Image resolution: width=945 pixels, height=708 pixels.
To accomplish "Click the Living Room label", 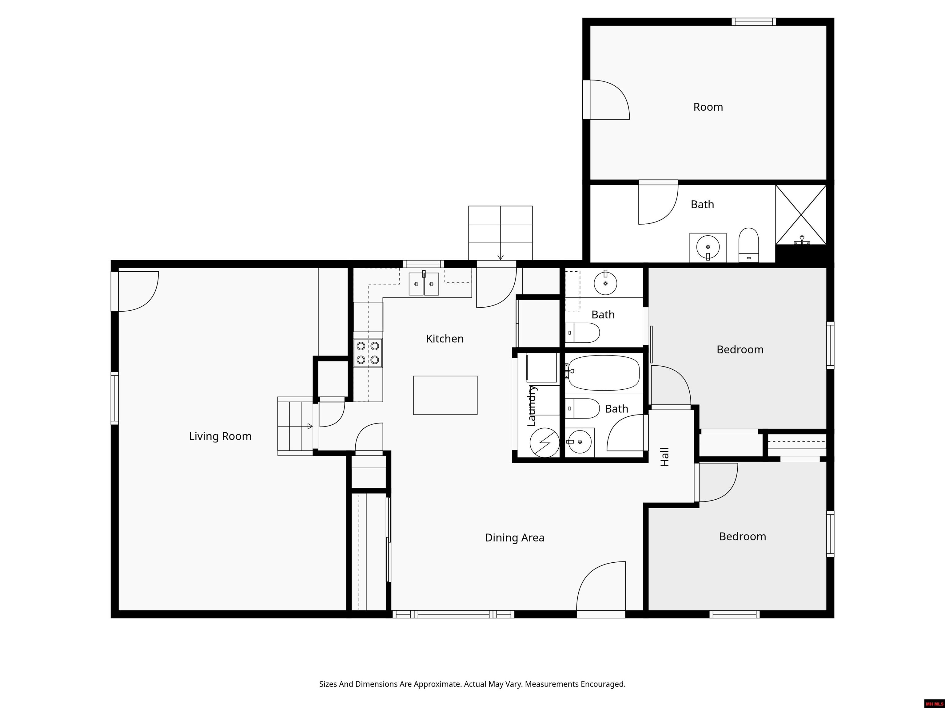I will (x=220, y=436).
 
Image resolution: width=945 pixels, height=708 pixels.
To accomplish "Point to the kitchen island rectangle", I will (x=445, y=395).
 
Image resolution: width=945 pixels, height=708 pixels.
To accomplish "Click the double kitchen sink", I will (x=424, y=284).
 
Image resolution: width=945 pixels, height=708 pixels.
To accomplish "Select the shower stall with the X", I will (x=801, y=215).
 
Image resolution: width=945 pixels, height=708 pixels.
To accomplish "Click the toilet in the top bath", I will (x=748, y=245).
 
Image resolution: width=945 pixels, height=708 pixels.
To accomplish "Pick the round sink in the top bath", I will (x=708, y=247).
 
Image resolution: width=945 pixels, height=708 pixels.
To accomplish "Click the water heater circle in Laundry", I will (x=544, y=442).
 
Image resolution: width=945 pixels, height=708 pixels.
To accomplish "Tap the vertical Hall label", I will (x=665, y=457).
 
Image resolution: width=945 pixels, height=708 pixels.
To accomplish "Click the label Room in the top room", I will (x=708, y=107).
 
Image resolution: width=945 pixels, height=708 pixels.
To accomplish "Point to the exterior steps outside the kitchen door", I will (x=500, y=232).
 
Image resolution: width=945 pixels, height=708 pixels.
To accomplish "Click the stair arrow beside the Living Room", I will (x=309, y=426).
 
